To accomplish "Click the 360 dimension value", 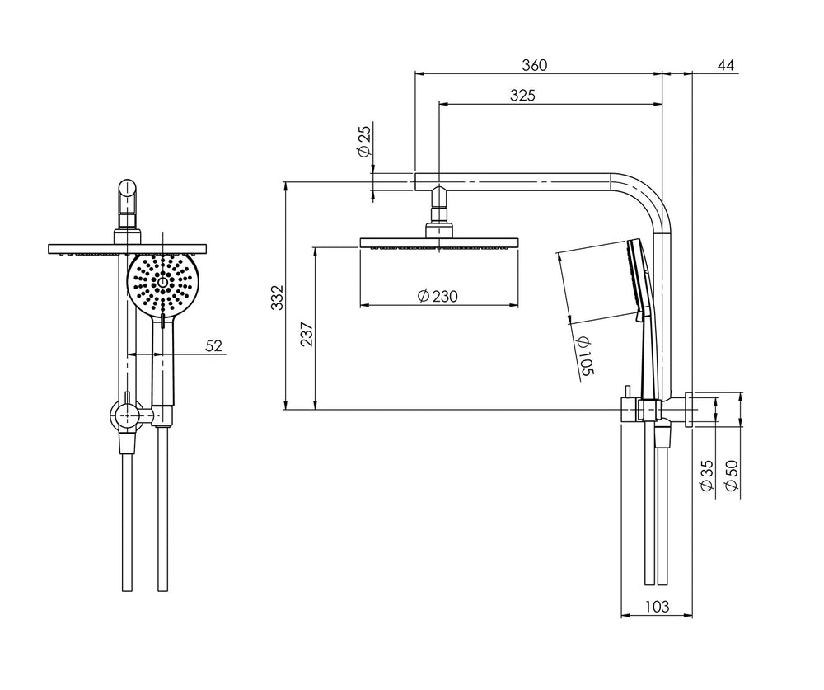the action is [x=534, y=65].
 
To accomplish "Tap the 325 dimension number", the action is [x=522, y=95].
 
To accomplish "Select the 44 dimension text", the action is [x=726, y=65].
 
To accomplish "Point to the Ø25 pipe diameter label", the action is [x=364, y=140].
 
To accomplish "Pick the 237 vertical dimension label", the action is [x=307, y=333].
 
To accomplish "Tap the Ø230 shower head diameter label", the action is [x=438, y=296].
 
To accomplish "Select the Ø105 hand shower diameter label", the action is [x=585, y=357].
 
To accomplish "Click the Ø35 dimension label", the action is [x=708, y=476].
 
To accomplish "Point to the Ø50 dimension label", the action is [x=731, y=476].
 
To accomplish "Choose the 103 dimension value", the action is [x=657, y=607].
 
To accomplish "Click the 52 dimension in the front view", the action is [x=214, y=345].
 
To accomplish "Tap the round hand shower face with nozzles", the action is [x=162, y=283].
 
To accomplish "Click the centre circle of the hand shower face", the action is [x=162, y=283].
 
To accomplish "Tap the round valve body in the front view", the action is [x=126, y=415].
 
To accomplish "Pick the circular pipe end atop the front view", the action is [x=127, y=188].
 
